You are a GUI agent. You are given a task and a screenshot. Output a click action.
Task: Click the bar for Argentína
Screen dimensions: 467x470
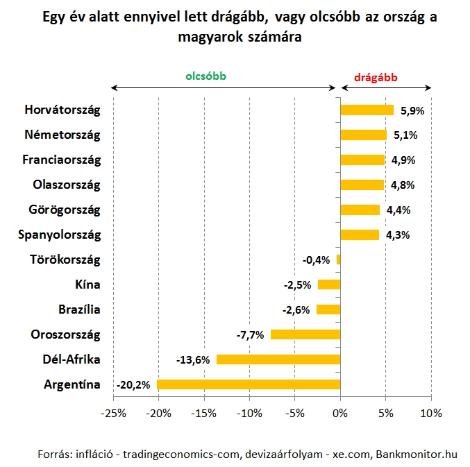[249, 384]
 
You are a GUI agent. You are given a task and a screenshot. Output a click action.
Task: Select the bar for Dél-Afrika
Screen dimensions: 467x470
[278, 359]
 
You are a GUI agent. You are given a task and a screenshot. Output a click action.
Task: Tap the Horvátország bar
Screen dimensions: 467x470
[367, 110]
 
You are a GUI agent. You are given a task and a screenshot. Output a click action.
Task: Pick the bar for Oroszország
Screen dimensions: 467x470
[305, 334]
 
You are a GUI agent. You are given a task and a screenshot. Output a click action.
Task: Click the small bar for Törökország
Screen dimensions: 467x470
[339, 260]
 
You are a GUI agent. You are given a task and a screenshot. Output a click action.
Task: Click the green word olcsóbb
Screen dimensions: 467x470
[205, 77]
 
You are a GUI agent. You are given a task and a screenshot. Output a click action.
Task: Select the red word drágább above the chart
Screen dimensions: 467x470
[376, 77]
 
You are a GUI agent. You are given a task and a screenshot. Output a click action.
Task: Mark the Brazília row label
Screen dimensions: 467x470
[78, 309]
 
